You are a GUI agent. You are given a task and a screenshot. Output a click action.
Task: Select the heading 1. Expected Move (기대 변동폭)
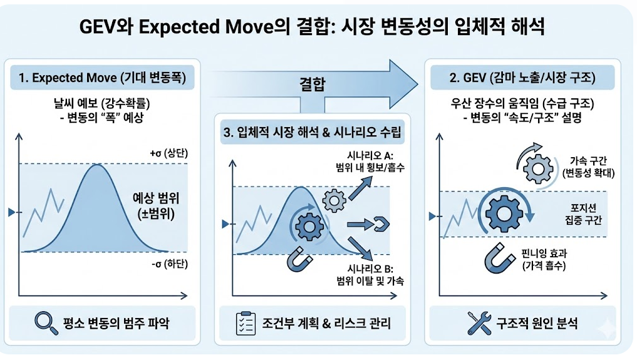(x=102, y=78)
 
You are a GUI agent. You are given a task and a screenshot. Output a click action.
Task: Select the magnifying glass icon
(x=44, y=323)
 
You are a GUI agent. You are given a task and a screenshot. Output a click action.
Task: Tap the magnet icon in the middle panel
(x=299, y=258)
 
